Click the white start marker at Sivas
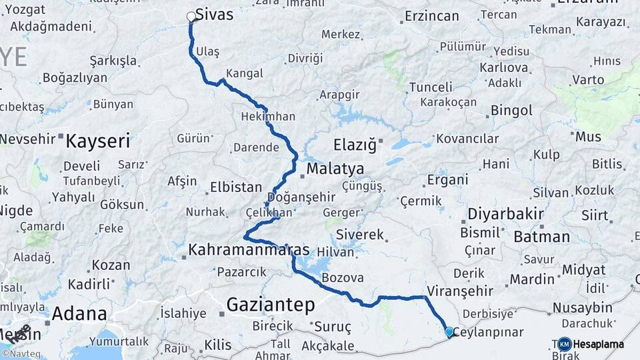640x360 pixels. [x=191, y=17]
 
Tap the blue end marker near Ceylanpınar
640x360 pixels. [x=449, y=331]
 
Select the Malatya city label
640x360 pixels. [x=335, y=169]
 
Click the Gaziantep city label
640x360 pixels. [x=270, y=305]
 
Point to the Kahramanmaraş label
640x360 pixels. [x=249, y=250]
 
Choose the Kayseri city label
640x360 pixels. [x=98, y=141]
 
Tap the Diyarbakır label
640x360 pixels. [x=505, y=214]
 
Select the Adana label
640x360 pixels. [x=79, y=313]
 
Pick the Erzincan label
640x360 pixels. [x=432, y=16]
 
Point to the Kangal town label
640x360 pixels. [x=245, y=73]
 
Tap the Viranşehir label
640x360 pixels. [x=459, y=291]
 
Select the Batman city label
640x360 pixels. [x=541, y=237]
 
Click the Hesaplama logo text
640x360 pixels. [x=599, y=344]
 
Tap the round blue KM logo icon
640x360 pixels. [x=564, y=344]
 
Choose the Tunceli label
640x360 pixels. [x=431, y=87]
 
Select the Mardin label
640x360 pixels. [x=532, y=279]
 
